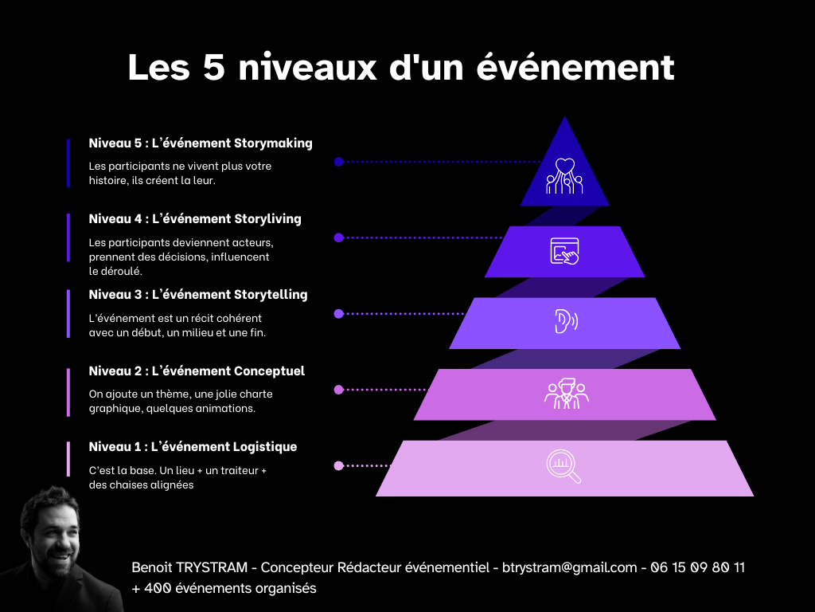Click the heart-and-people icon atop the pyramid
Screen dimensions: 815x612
564,176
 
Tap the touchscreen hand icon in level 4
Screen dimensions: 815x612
565,251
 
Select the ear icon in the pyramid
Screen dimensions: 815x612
565,321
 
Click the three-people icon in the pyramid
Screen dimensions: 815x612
565,394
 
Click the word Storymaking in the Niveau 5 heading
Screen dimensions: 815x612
273,143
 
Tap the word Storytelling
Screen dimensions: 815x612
271,294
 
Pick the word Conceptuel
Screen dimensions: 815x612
269,371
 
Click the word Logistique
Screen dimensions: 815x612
265,446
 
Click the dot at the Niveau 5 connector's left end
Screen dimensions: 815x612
338,162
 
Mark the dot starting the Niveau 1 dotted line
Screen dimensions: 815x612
338,465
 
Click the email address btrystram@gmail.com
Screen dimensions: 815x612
570,567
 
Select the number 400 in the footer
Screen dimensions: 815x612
158,589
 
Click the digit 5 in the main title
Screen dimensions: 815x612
214,67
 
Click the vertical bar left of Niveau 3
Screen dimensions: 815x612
68,314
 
